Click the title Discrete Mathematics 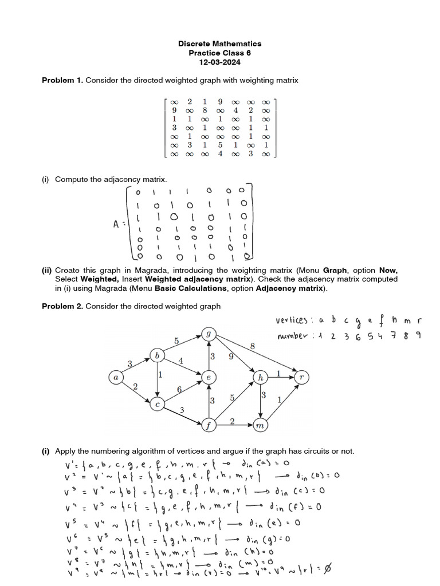(219, 43)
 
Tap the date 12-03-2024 (219, 62)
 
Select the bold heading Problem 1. (62, 81)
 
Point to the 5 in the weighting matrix (220, 145)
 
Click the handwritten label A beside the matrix (117, 224)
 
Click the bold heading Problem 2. (62, 306)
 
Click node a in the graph (116, 378)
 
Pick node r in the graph (301, 377)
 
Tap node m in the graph (261, 425)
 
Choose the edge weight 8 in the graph (252, 346)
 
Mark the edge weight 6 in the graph (179, 389)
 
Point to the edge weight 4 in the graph (180, 361)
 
